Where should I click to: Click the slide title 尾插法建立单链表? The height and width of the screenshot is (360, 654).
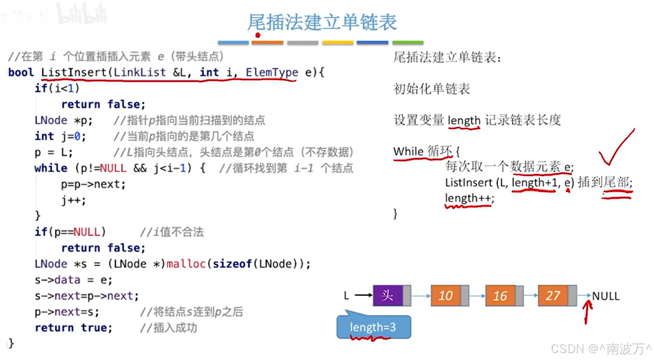[322, 22]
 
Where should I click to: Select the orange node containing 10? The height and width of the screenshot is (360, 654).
[446, 295]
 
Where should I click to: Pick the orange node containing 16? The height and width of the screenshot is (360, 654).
[500, 295]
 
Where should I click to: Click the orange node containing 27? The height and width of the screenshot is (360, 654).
[553, 295]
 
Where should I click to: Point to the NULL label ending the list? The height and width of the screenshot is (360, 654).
[605, 296]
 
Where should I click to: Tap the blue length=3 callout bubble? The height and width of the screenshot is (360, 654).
[373, 327]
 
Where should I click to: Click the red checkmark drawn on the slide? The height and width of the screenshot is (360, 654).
[616, 148]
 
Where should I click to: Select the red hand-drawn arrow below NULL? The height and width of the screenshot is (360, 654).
[587, 311]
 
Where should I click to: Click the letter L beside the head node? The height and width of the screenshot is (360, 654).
[347, 295]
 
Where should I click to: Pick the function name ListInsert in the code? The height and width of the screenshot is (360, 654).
[74, 72]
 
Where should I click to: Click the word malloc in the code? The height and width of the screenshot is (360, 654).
[186, 264]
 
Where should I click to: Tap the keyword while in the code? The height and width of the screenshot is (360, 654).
[51, 168]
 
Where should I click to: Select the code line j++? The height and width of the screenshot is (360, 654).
[73, 200]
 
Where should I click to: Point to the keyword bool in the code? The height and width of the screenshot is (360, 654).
[21, 72]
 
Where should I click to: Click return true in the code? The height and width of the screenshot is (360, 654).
[73, 328]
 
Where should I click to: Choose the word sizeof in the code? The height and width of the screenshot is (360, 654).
[232, 264]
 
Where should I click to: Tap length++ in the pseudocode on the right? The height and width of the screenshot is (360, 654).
[469, 198]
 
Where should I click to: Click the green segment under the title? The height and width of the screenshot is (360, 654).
[408, 43]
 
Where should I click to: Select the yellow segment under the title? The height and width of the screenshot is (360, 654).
[338, 43]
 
